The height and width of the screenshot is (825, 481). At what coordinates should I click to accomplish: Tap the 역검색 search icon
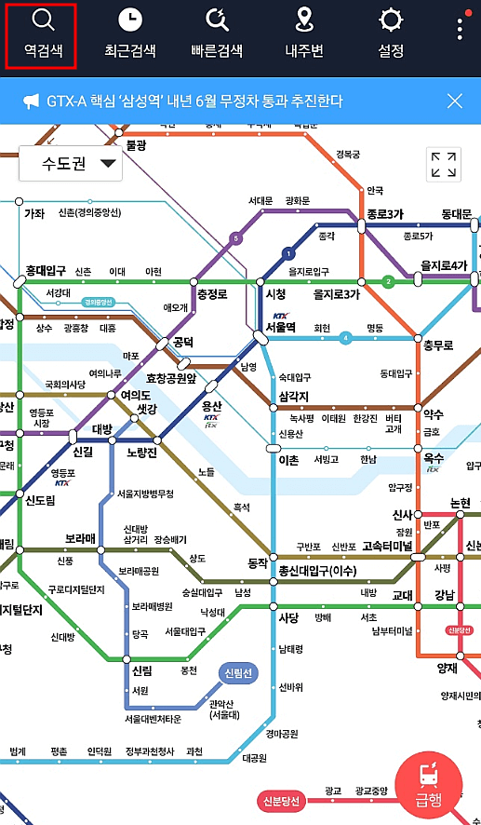42,20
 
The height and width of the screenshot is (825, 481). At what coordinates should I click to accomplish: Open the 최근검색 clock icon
130,20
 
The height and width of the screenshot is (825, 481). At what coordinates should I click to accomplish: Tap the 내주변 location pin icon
303,20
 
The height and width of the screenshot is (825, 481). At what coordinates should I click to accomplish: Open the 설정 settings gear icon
391,20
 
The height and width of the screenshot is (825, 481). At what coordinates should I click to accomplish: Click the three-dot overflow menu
460,27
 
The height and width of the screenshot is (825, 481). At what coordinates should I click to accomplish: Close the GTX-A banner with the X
454,101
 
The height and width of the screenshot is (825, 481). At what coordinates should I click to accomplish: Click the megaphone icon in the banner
32,101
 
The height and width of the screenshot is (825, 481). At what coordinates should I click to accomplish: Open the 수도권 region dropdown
71,165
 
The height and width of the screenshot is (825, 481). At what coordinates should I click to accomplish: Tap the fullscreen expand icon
443,165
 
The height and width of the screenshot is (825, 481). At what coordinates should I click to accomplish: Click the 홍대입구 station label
46,271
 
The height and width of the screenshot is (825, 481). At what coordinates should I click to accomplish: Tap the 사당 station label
289,616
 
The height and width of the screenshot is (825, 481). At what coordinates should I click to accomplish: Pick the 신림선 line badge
240,673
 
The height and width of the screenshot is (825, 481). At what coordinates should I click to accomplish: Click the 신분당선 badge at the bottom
280,802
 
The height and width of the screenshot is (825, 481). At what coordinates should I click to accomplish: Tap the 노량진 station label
145,453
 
